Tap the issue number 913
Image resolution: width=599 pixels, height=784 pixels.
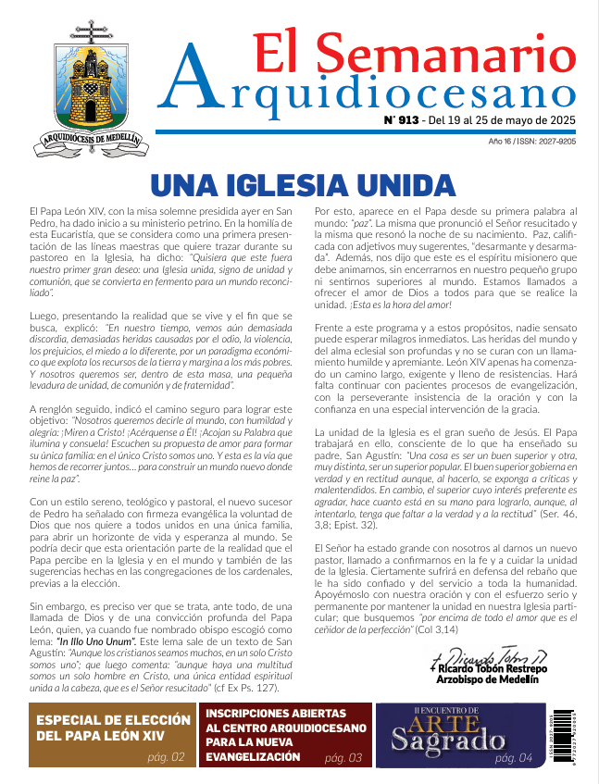pos(407,119)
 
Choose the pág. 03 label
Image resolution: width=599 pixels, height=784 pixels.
pos(343,758)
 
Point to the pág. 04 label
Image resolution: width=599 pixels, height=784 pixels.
pos(513,758)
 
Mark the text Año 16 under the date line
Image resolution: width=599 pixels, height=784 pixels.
pos(503,141)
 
